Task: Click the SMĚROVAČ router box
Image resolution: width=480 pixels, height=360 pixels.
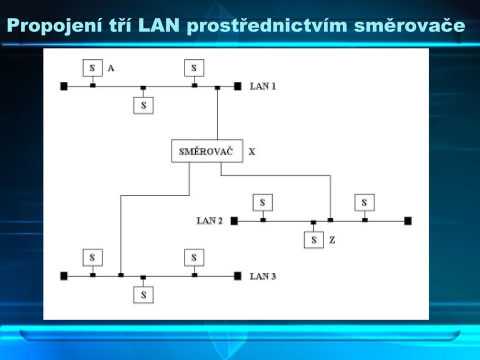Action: coord(207,151)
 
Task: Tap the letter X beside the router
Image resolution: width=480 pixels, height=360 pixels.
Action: coord(251,151)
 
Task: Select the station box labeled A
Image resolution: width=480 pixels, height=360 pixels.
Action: coord(92,68)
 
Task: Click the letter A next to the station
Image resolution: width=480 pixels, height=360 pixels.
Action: coord(111,68)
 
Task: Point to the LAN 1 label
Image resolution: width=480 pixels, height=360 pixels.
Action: coord(262,86)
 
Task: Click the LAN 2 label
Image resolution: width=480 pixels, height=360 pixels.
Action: coord(209,220)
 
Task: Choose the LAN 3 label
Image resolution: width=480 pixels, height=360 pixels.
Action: coord(262,276)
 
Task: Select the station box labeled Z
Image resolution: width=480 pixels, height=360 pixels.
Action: coord(314,239)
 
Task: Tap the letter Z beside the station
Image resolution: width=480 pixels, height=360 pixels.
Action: coord(332,240)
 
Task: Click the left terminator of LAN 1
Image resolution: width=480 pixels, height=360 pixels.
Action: coord(63,86)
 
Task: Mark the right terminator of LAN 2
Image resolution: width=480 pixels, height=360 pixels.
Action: coord(408,220)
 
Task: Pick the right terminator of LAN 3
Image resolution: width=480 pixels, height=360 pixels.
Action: coord(237,276)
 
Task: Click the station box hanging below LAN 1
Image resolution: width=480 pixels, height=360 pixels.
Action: coord(143,105)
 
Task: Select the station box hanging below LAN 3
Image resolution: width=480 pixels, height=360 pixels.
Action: coord(143,295)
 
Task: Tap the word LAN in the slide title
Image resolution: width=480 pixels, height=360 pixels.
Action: coord(158,25)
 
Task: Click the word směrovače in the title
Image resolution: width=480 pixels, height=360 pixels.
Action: coord(409,25)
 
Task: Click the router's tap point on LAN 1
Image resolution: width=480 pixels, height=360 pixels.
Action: coord(217,87)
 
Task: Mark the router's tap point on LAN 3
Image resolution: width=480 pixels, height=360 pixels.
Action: coord(121,275)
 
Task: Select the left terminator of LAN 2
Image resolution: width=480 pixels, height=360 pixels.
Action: coord(234,220)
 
